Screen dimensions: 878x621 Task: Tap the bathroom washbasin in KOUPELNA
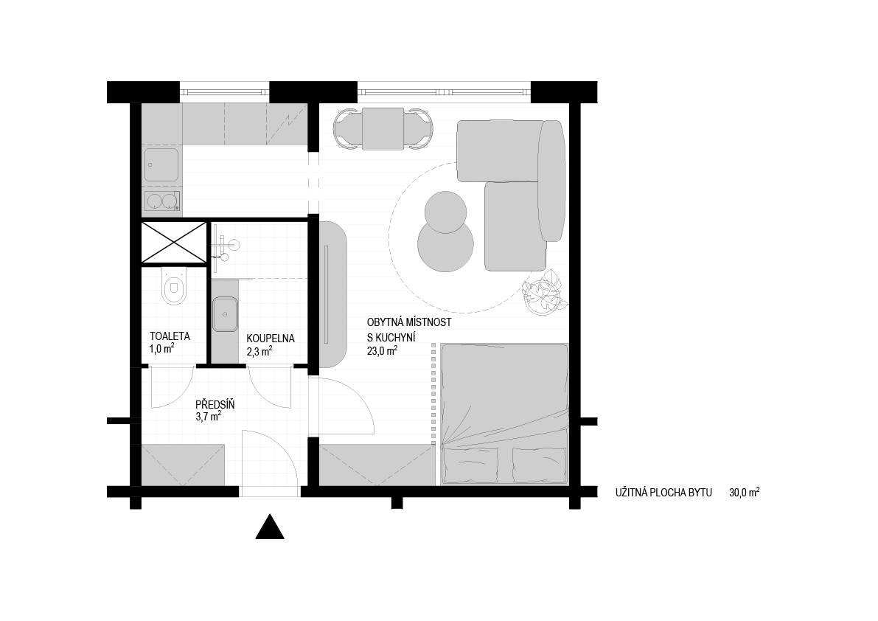[225, 314]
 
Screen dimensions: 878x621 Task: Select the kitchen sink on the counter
[161, 164]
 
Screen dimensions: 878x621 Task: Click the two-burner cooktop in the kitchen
[162, 201]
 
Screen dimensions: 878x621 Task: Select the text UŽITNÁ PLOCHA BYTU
[663, 493]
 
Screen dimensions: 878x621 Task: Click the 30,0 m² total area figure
[744, 492]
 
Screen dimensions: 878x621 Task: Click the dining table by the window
[383, 129]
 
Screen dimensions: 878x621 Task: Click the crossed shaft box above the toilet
[173, 243]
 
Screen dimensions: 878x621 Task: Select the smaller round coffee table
[445, 212]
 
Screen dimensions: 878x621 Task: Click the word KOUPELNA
[271, 339]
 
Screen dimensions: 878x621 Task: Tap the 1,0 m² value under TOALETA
[161, 348]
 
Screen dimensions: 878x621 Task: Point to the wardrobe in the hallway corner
[183, 465]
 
